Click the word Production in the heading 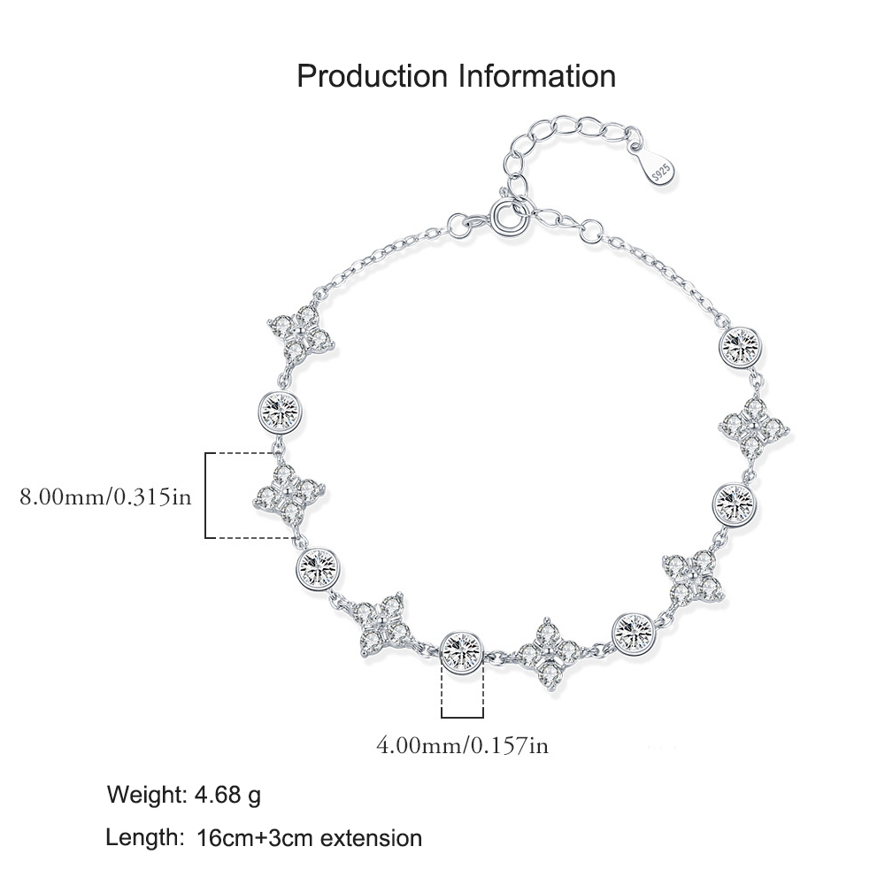pyautogui.click(x=372, y=76)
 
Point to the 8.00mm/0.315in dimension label pyautogui.click(x=105, y=496)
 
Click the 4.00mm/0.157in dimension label pyautogui.click(x=462, y=745)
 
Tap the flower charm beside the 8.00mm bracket pyautogui.click(x=289, y=495)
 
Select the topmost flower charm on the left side pyautogui.click(x=302, y=333)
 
